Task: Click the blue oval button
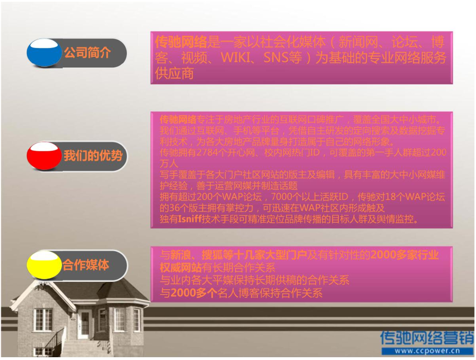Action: tap(45, 53)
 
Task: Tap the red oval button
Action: tap(45, 155)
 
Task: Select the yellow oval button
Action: tap(45, 265)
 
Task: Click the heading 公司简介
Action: tap(87, 53)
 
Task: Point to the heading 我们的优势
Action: tap(93, 155)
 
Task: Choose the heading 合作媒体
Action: tap(86, 265)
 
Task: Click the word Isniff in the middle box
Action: tap(189, 219)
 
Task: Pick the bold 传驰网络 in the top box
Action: tap(181, 43)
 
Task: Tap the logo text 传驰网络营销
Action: tap(427, 337)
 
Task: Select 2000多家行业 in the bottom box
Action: tap(404, 255)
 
